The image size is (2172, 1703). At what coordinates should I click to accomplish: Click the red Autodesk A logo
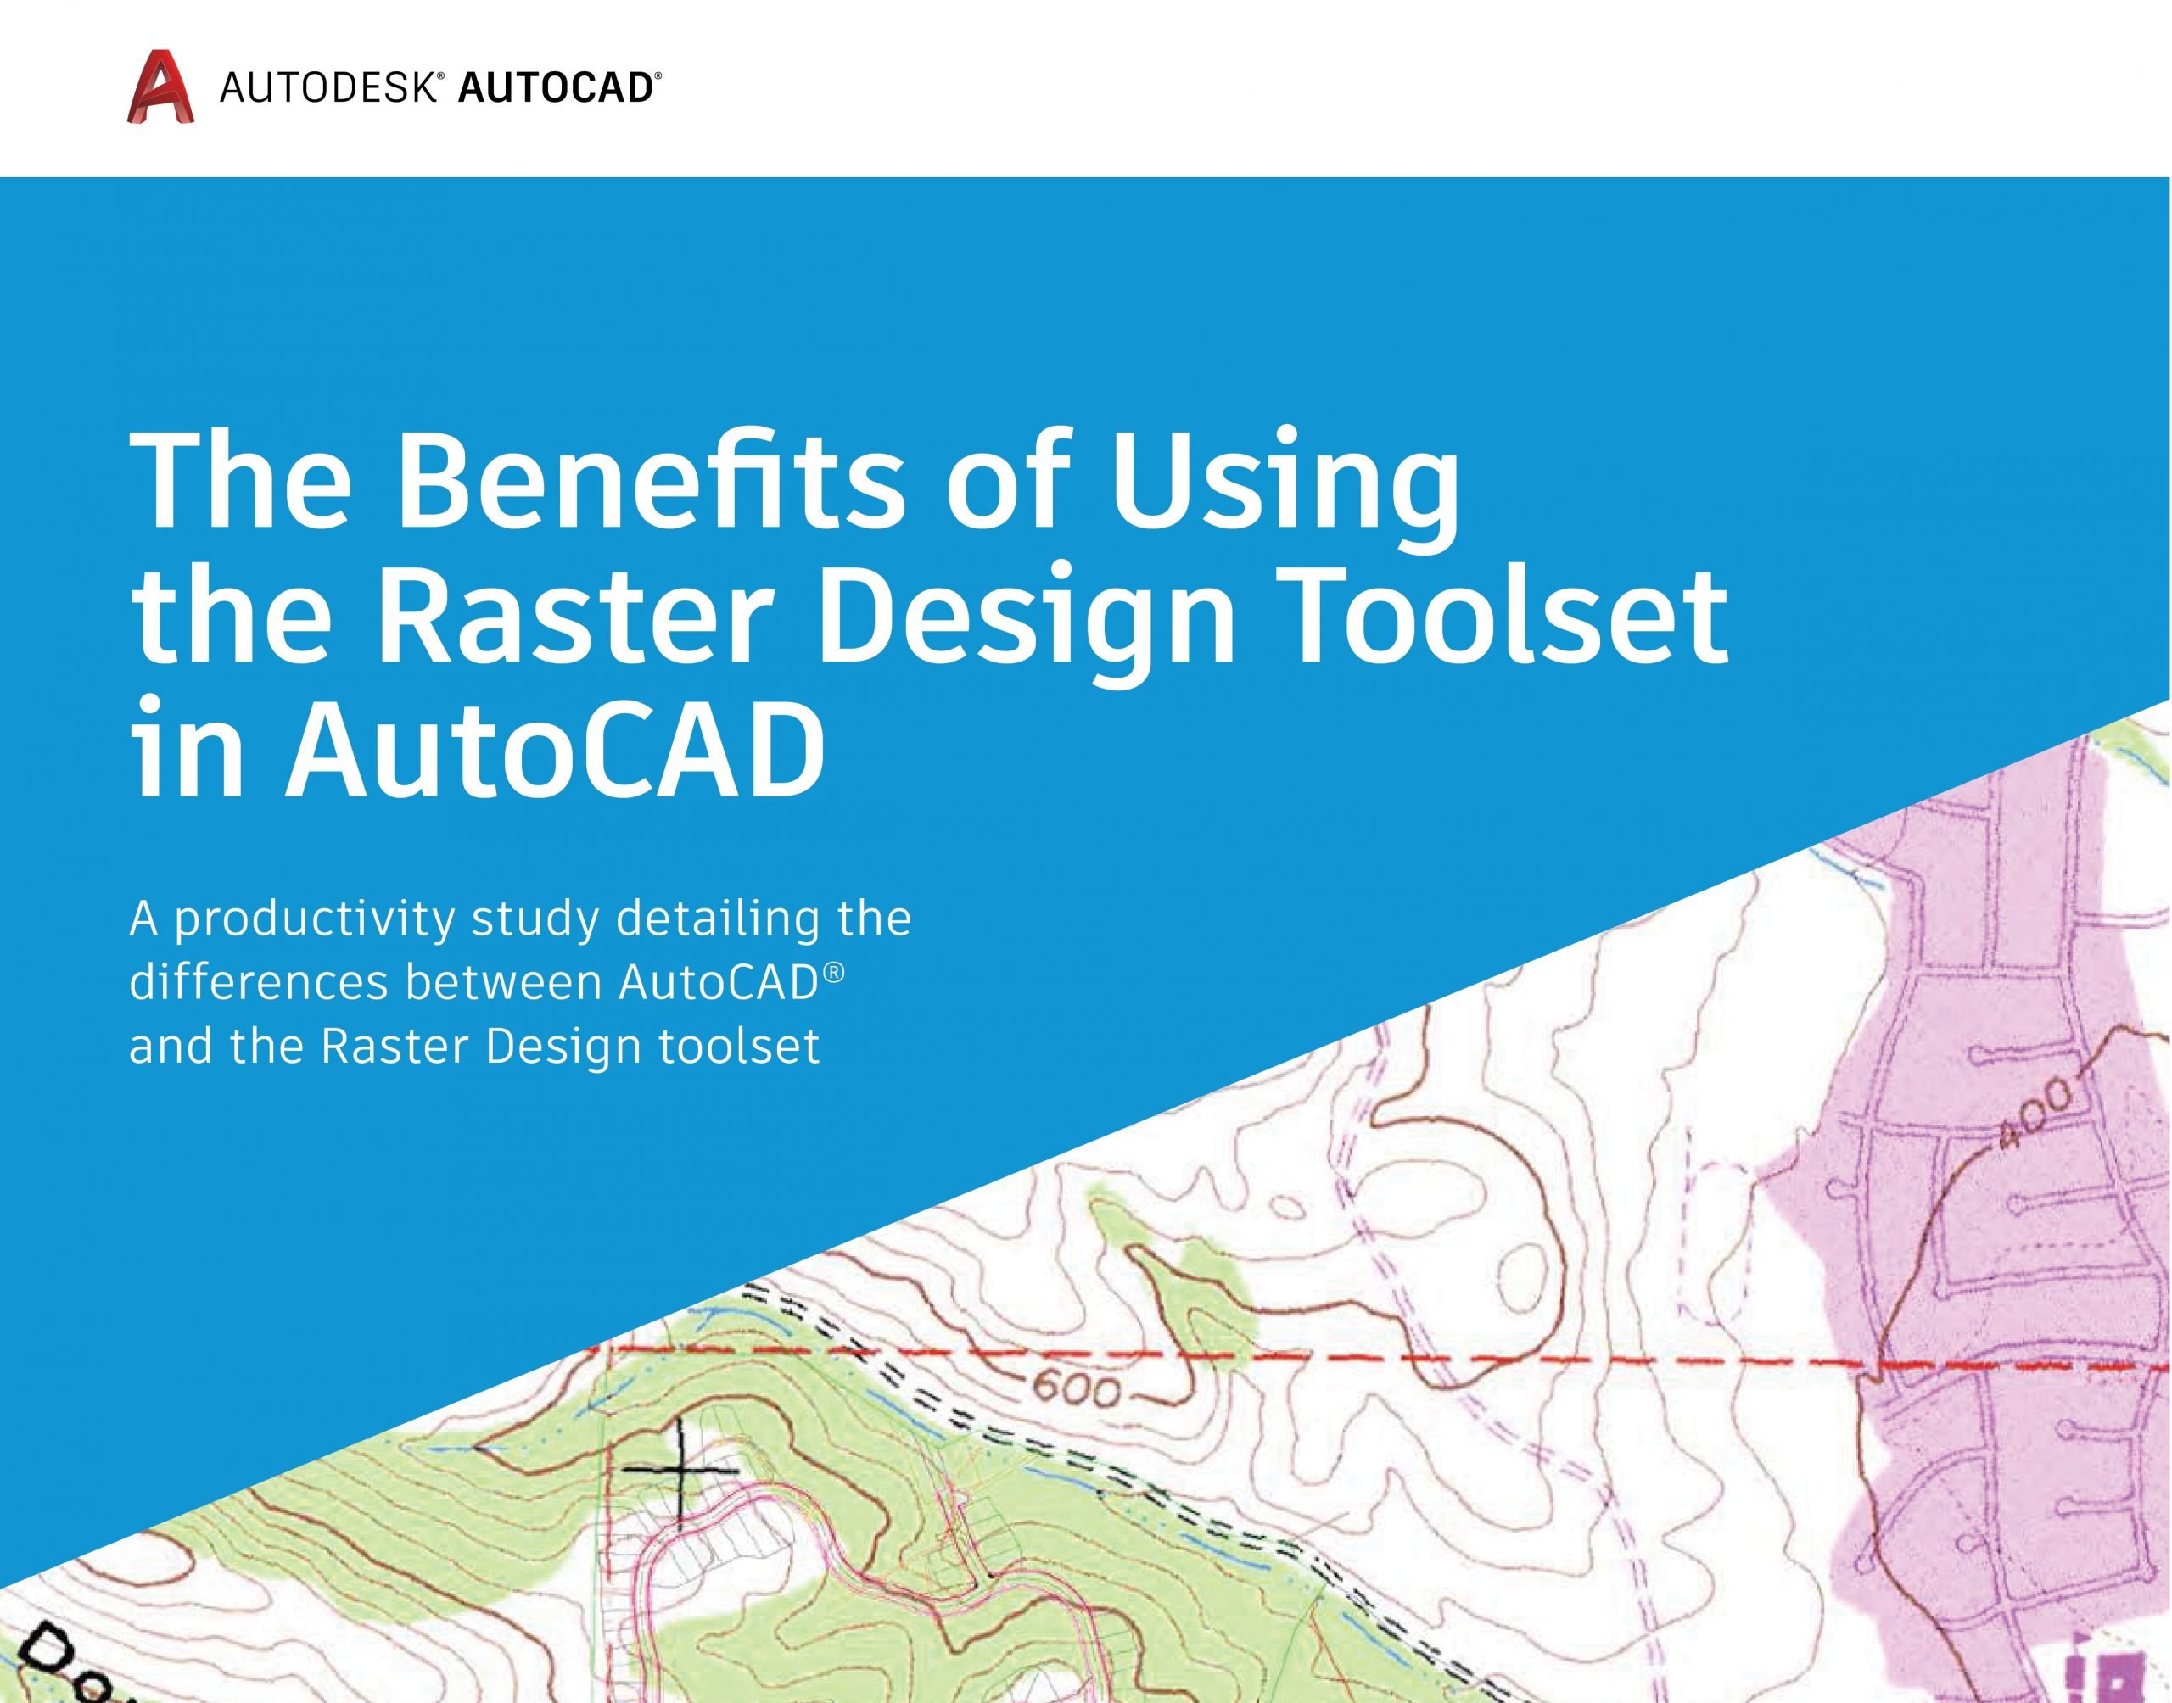coord(160,87)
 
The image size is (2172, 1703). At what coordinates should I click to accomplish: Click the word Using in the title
coord(1286,483)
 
